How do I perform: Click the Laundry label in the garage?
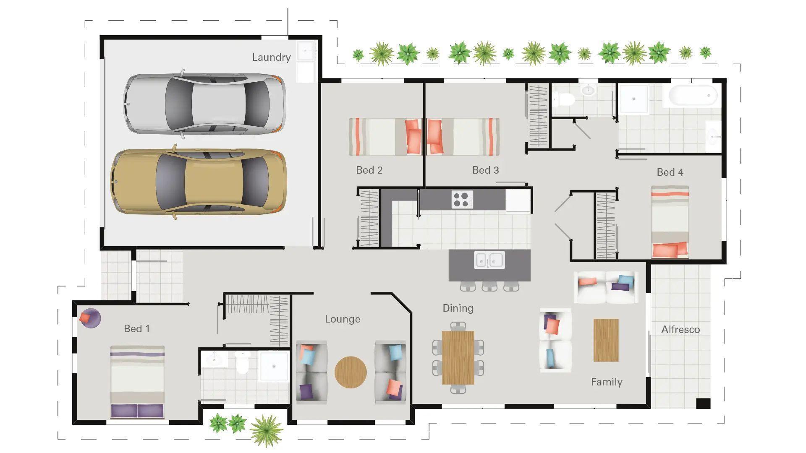pyautogui.click(x=271, y=57)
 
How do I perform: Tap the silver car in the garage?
pyautogui.click(x=205, y=104)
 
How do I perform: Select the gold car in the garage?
pyautogui.click(x=199, y=182)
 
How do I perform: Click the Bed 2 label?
pyautogui.click(x=369, y=170)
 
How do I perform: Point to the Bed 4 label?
pyautogui.click(x=670, y=172)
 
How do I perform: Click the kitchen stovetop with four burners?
pyautogui.click(x=462, y=199)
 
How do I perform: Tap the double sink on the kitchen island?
pyautogui.click(x=489, y=260)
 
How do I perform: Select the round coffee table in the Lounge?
pyautogui.click(x=351, y=372)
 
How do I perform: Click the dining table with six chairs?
pyautogui.click(x=458, y=357)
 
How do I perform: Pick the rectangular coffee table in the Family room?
pyautogui.click(x=606, y=340)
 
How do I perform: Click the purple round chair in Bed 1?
pyautogui.click(x=90, y=318)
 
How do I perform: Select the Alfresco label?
pyautogui.click(x=680, y=330)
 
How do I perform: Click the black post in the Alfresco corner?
pyautogui.click(x=703, y=403)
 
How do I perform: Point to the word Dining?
pyautogui.click(x=458, y=308)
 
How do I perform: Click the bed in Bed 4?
pyautogui.click(x=670, y=222)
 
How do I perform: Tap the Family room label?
pyautogui.click(x=607, y=382)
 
